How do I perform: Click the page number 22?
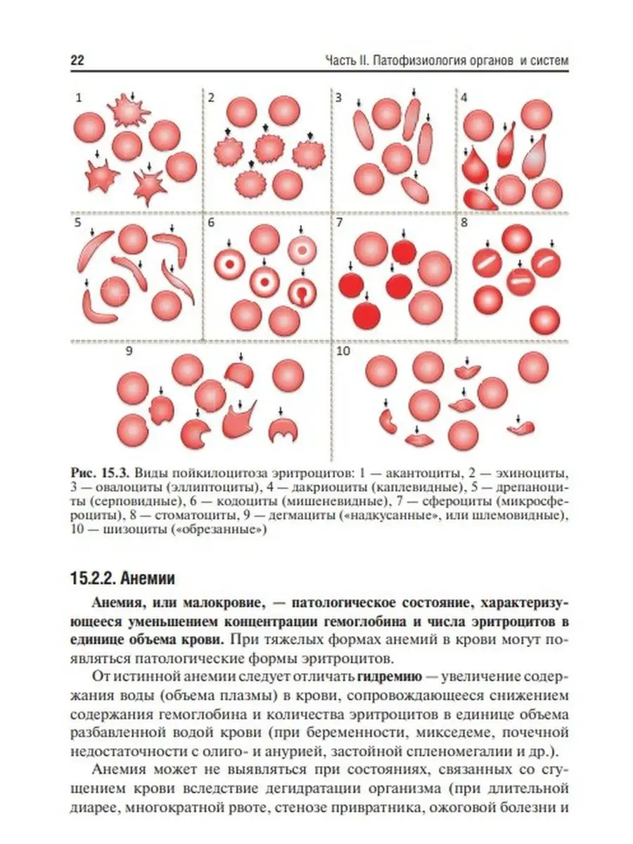77,61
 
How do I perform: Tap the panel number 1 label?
78,98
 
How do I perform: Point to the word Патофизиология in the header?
416,61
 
